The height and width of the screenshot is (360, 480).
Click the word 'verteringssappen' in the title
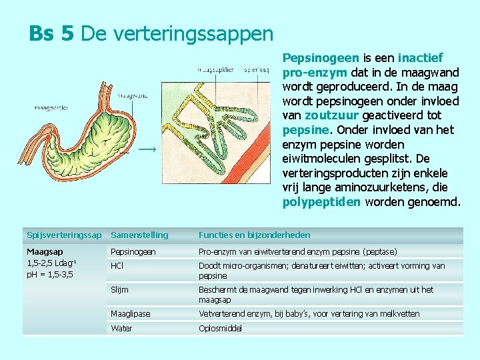[177, 33]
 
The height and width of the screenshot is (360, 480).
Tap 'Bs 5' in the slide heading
[51, 33]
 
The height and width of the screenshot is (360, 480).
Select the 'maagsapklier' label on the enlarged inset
[215, 68]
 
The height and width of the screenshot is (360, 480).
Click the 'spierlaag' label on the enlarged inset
[257, 68]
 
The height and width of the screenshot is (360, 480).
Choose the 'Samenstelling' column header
[139, 235]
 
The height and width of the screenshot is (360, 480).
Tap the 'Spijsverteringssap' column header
[64, 235]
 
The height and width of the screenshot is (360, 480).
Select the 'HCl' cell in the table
[117, 265]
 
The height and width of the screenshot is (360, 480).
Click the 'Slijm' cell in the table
[119, 290]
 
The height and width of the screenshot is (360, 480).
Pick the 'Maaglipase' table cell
[130, 313]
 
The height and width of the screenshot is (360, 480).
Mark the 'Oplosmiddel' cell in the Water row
[220, 329]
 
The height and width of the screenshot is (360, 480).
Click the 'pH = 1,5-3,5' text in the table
[50, 274]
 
